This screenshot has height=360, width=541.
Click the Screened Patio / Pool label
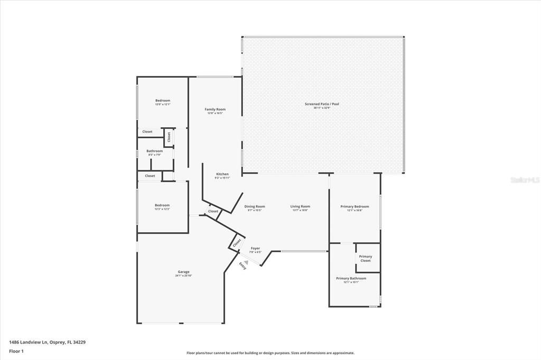pyautogui.click(x=322, y=104)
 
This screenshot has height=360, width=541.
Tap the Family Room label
pyautogui.click(x=215, y=109)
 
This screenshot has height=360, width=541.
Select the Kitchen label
pyautogui.click(x=222, y=174)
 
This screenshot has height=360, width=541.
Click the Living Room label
pyautogui.click(x=300, y=206)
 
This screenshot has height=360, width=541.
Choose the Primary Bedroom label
pyautogui.click(x=355, y=206)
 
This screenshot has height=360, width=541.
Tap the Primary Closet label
pyautogui.click(x=366, y=258)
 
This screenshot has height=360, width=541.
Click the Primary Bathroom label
pyautogui.click(x=351, y=278)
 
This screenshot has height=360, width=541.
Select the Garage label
pyautogui.click(x=183, y=272)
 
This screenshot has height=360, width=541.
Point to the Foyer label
pyautogui.click(x=255, y=248)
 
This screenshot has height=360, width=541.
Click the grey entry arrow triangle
pyautogui.click(x=246, y=261)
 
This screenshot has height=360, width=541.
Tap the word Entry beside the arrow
pyautogui.click(x=242, y=266)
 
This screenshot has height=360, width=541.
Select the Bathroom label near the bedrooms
pyautogui.click(x=155, y=151)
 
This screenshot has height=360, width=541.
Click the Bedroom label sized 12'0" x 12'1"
pyautogui.click(x=163, y=100)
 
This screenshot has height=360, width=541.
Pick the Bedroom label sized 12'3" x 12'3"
pyautogui.click(x=162, y=205)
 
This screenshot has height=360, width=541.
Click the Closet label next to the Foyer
pyautogui.click(x=237, y=242)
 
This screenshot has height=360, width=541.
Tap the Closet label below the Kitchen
pyautogui.click(x=213, y=211)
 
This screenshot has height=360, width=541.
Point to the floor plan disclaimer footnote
pyautogui.click(x=270, y=353)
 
